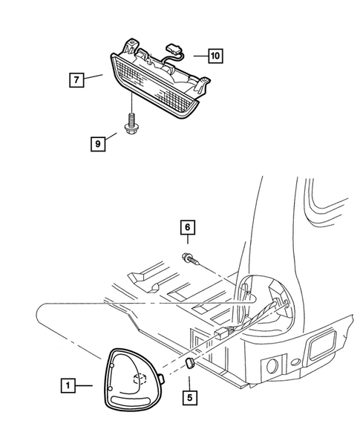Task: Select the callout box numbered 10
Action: pos(215,55)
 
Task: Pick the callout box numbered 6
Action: pos(188,229)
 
